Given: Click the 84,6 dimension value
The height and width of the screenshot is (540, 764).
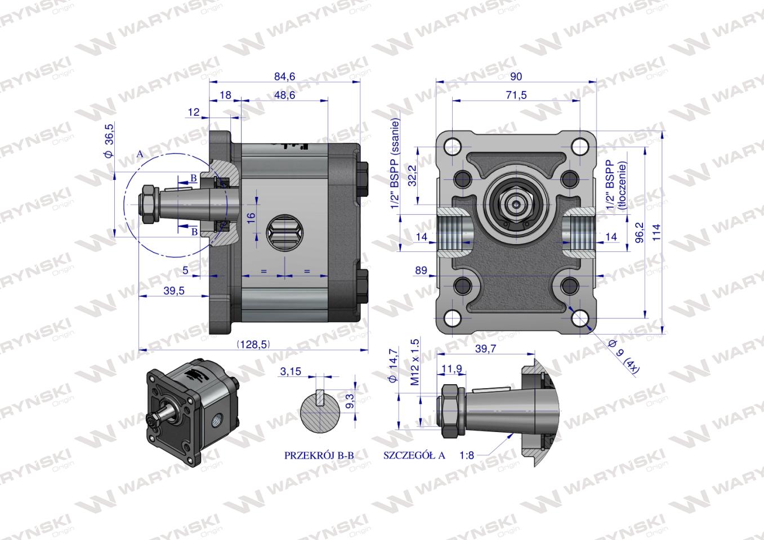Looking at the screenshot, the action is [x=284, y=76].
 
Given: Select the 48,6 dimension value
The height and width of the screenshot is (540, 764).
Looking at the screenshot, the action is [x=284, y=95].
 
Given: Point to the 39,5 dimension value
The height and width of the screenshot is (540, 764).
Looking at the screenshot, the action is [x=174, y=291].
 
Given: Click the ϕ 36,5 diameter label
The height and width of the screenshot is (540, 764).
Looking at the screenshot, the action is [x=109, y=140].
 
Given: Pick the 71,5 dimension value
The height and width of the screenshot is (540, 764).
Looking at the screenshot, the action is [x=516, y=95].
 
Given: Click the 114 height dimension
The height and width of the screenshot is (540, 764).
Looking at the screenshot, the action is [x=656, y=232].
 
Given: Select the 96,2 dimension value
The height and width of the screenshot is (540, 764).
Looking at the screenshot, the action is [x=640, y=232].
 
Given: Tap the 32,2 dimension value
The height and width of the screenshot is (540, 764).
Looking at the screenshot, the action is [x=412, y=175].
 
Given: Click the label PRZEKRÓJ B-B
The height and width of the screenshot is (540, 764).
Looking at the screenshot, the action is [x=319, y=456].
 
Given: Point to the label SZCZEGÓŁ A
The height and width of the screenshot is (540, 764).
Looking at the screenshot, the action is [x=414, y=456].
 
